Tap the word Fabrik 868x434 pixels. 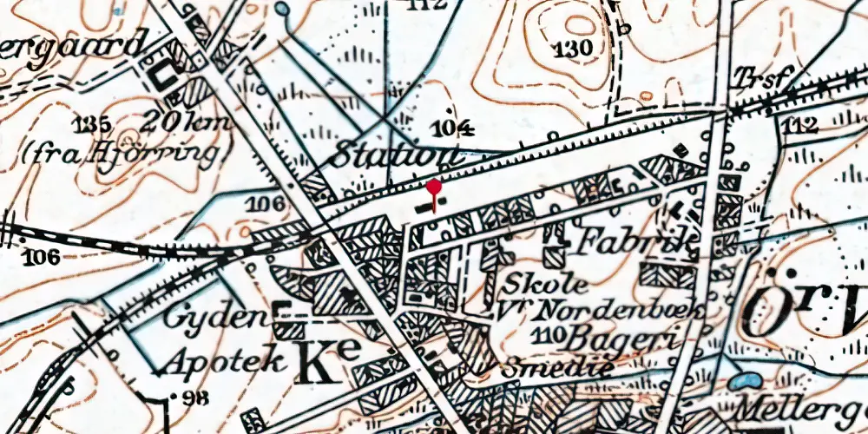(636, 240)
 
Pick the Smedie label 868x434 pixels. (559, 365)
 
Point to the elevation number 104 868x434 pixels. (454, 129)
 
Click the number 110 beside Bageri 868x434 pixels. (551, 335)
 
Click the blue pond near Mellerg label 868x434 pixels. (742, 380)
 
